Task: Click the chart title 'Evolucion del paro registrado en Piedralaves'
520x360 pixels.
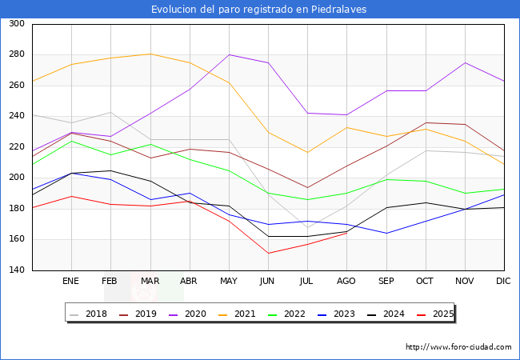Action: (260, 10)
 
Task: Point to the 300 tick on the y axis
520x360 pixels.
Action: (16, 24)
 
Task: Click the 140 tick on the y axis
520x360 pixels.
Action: (16, 270)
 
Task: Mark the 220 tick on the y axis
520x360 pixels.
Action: (16, 147)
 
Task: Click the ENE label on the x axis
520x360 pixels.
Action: (71, 282)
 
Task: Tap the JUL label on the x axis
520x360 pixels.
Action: (307, 282)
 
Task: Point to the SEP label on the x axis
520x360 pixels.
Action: (386, 282)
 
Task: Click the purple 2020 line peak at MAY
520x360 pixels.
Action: (229, 54)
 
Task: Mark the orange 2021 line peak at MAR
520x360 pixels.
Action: (150, 54)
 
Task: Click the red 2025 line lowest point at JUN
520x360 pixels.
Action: (268, 254)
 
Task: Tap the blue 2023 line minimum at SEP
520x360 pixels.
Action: (386, 234)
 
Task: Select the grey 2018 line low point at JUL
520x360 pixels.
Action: (307, 227)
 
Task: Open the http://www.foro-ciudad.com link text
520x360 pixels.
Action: (458, 347)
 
